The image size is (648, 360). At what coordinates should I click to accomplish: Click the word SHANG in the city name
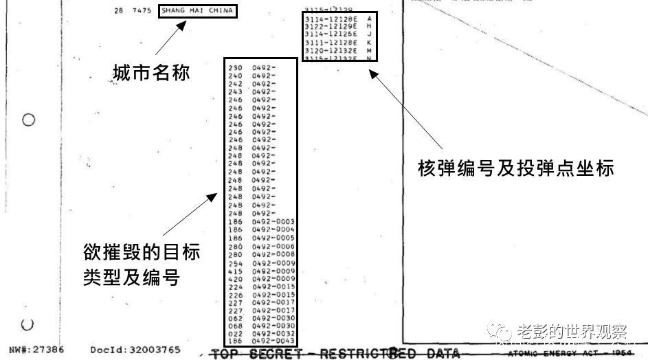click(172, 11)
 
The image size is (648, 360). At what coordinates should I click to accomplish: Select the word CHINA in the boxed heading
click(221, 11)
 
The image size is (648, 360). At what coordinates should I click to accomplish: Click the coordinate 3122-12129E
click(331, 26)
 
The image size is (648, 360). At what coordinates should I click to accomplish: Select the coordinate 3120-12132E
click(331, 51)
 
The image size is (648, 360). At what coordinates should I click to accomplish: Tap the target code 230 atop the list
click(235, 68)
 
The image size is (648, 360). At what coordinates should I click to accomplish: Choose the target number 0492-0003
click(273, 222)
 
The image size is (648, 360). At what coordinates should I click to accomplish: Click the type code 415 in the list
click(235, 271)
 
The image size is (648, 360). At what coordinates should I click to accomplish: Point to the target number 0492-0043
click(273, 341)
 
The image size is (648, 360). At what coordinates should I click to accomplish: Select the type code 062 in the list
click(235, 317)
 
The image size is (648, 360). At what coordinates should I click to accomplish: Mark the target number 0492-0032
click(273, 333)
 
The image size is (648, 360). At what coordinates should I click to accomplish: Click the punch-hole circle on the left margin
click(28, 120)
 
